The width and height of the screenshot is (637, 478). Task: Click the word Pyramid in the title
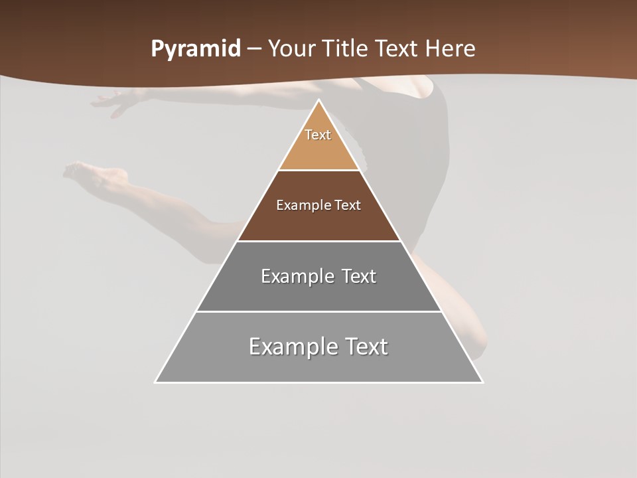click(x=196, y=49)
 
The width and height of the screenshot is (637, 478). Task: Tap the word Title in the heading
click(x=346, y=48)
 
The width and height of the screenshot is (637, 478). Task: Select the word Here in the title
click(x=451, y=48)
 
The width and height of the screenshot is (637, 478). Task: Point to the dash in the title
click(x=254, y=49)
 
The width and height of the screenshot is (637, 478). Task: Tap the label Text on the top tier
click(x=318, y=135)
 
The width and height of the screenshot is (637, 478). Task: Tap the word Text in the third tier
click(x=359, y=276)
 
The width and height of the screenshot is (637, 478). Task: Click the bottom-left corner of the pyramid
click(x=156, y=382)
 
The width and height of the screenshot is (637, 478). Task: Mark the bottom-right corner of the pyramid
click(x=482, y=382)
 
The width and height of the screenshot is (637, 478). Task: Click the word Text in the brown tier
click(x=348, y=205)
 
